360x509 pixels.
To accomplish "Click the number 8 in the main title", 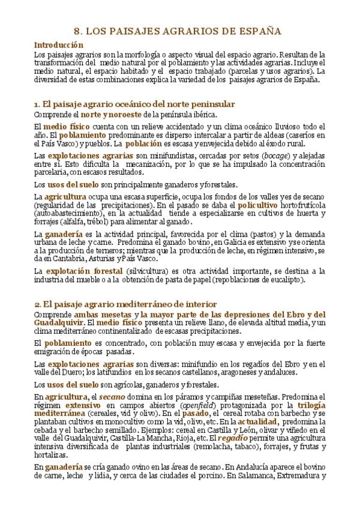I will (x=76, y=31).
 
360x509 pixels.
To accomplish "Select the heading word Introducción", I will (x=58, y=45).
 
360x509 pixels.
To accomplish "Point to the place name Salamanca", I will (x=260, y=478).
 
